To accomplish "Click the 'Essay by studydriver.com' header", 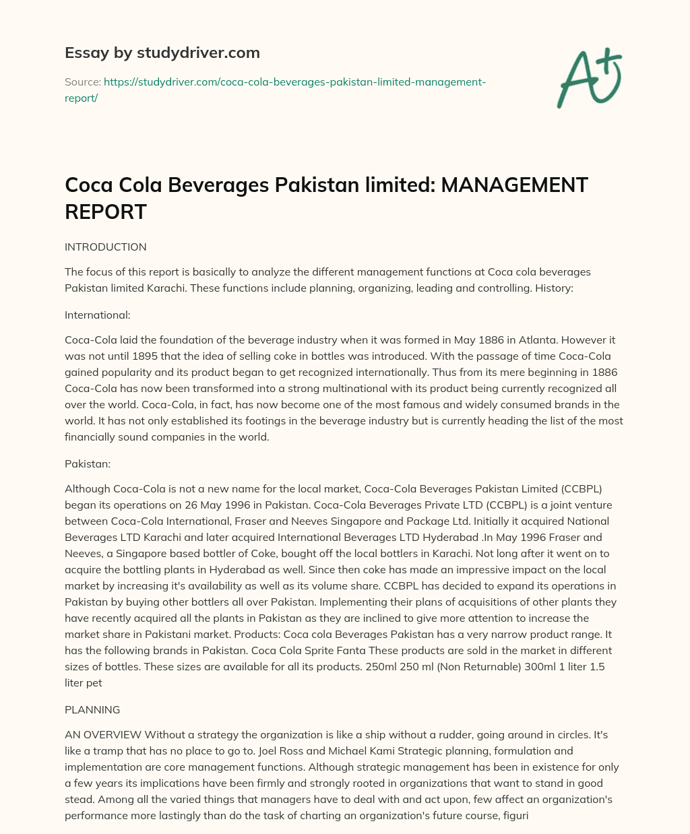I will (x=162, y=53).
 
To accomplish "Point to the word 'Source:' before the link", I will (x=83, y=82).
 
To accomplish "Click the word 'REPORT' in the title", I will (x=106, y=212).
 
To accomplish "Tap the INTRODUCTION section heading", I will (x=105, y=247).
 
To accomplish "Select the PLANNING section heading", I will (x=92, y=709).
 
